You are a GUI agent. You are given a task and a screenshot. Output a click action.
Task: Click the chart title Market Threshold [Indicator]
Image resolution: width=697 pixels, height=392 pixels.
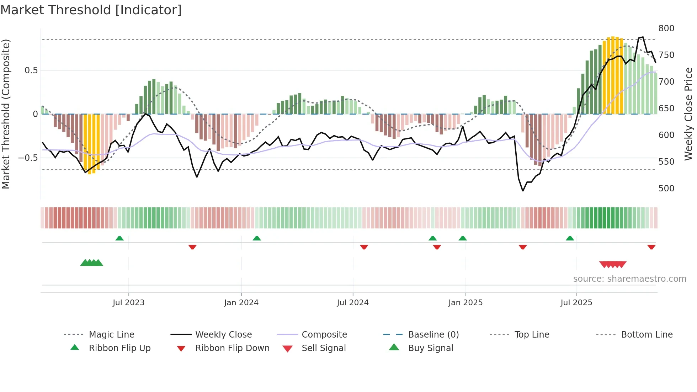(91, 10)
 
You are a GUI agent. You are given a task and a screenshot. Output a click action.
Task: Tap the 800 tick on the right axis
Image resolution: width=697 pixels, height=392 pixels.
(666, 28)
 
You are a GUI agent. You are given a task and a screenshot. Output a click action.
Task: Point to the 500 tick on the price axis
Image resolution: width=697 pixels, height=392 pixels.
(666, 189)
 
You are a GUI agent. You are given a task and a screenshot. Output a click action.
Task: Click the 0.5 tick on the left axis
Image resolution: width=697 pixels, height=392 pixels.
(31, 70)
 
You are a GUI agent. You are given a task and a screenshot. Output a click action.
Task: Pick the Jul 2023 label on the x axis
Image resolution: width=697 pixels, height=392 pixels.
(128, 303)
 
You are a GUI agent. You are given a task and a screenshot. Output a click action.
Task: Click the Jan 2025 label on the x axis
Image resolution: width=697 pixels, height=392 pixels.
(465, 303)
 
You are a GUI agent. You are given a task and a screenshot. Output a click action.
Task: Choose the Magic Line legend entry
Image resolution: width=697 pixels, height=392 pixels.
(111, 335)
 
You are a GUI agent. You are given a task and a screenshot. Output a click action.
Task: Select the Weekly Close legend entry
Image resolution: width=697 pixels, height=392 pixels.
(223, 335)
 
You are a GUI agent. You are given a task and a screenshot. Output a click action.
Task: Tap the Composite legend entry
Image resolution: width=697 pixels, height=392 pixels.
(324, 335)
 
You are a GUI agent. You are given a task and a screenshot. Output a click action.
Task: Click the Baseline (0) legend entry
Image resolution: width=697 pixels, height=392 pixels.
(433, 335)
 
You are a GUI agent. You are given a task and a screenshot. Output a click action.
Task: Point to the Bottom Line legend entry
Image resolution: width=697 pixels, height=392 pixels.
(647, 335)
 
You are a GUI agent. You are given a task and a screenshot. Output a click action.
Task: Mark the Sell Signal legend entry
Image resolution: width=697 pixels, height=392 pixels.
(323, 348)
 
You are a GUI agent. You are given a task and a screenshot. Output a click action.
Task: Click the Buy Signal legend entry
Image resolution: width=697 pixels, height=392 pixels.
(430, 348)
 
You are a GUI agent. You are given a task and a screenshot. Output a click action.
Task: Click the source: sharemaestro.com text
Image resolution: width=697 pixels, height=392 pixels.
(629, 279)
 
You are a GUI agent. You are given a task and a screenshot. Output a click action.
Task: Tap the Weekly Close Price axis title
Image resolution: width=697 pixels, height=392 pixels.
(688, 114)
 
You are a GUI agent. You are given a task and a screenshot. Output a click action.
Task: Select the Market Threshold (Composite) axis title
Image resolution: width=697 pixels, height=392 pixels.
(6, 114)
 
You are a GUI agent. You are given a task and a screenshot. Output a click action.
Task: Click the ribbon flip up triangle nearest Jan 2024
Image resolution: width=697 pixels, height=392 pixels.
(257, 238)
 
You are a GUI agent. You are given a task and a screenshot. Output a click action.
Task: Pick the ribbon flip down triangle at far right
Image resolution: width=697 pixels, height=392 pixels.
(651, 247)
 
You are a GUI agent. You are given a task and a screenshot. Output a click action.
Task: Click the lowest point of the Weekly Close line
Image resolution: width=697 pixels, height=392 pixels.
(523, 191)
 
